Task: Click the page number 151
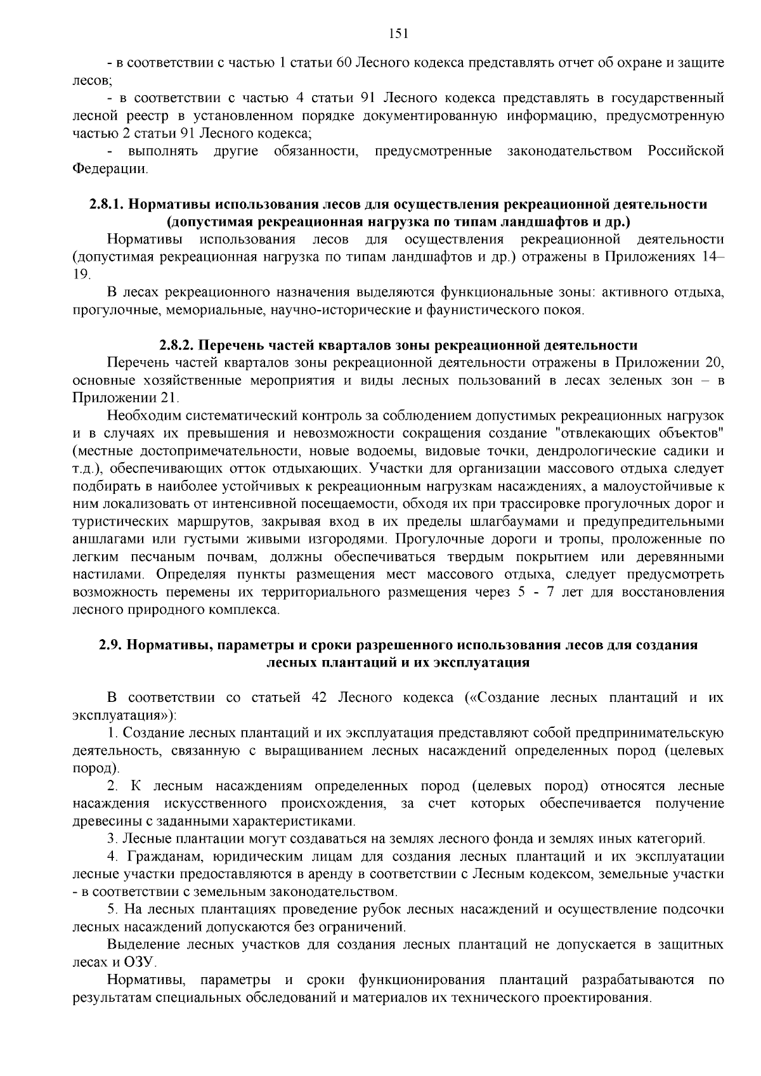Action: pyautogui.click(x=398, y=34)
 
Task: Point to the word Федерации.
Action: pyautogui.click(x=110, y=169)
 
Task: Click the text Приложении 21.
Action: pyautogui.click(x=126, y=398)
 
